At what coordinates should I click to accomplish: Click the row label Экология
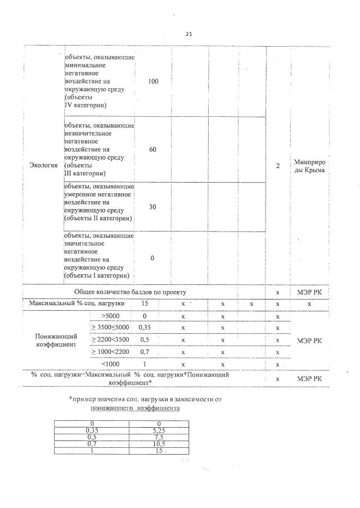coord(43,165)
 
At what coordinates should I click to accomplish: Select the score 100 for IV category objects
coord(153,82)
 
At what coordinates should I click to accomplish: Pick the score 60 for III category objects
coord(153,150)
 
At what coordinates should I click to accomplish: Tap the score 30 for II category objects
coord(153,207)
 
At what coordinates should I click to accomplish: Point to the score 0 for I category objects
coord(153,258)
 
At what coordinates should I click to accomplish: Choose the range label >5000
coord(110,316)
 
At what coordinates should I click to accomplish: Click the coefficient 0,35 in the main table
coord(145,328)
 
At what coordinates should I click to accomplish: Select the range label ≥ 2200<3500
coord(110,340)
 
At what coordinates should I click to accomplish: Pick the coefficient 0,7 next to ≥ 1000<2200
coord(145,352)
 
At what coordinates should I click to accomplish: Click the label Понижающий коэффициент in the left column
coord(56,340)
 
